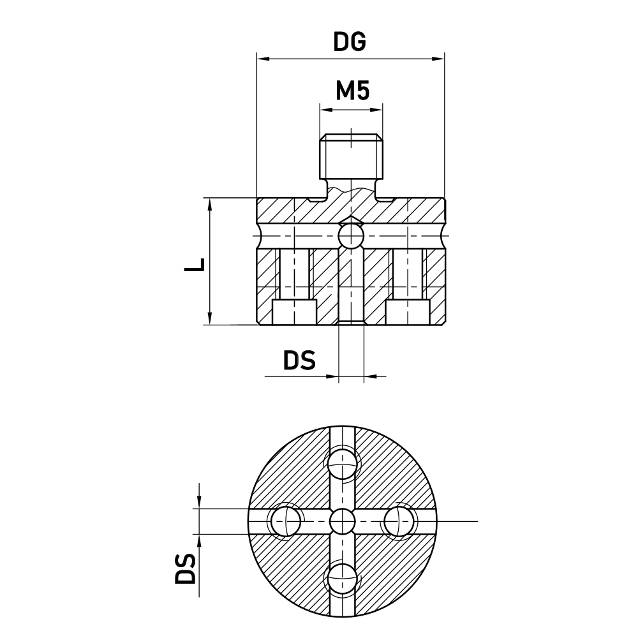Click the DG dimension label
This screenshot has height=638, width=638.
pyautogui.click(x=350, y=41)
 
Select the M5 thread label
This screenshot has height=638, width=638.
pyautogui.click(x=352, y=91)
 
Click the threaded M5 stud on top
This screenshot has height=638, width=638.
pyautogui.click(x=352, y=158)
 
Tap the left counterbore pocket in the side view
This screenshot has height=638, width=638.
pyautogui.click(x=294, y=312)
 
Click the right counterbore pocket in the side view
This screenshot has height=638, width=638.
pyautogui.click(x=406, y=312)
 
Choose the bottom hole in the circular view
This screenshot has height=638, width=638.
pyautogui.click(x=343, y=578)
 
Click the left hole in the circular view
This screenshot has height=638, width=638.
pyautogui.click(x=285, y=521)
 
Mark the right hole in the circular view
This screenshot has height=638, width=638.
pyautogui.click(x=400, y=521)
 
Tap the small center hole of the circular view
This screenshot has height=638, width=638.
pyautogui.click(x=343, y=521)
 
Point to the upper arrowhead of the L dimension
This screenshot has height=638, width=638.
pyautogui.click(x=209, y=203)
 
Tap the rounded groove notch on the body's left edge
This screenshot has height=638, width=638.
pyautogui.click(x=260, y=237)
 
